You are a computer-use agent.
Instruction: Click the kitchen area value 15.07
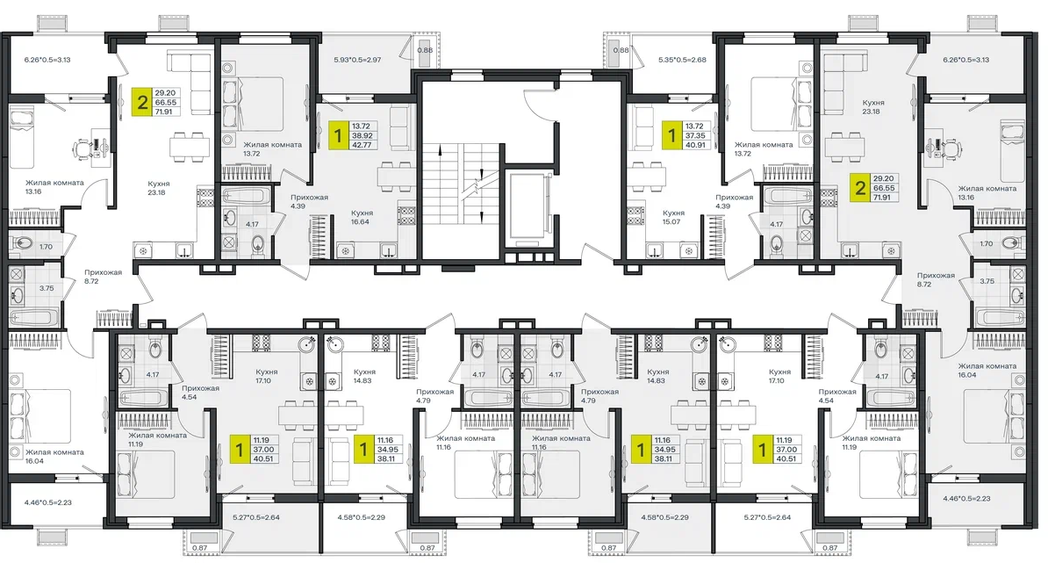671,222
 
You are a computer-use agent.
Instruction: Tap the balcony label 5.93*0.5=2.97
357,60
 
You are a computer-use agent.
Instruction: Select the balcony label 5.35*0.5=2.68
682,60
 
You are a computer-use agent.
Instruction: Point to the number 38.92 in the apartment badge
362,136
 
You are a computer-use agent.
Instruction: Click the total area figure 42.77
362,144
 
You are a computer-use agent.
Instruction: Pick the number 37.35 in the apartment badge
695,136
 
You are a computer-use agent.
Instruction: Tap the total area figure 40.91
695,144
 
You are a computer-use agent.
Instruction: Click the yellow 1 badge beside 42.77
338,135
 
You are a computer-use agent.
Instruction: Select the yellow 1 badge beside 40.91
671,135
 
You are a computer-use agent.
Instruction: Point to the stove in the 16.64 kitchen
406,214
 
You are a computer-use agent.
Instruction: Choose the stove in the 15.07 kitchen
635,214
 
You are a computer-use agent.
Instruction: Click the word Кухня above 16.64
362,213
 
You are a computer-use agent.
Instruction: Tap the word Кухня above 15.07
674,213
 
